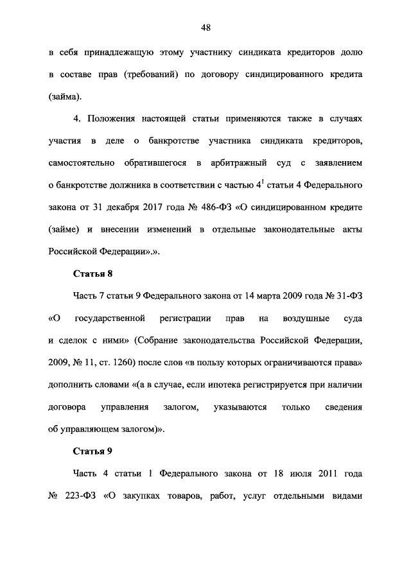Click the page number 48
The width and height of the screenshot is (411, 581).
(x=205, y=28)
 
